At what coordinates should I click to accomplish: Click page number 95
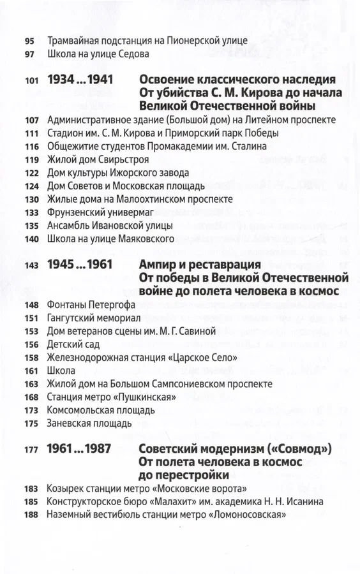[x=30, y=41]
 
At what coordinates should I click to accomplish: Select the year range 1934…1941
[x=88, y=80]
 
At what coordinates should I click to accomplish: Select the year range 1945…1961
[x=88, y=265]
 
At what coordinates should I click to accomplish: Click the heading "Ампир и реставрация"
[x=200, y=265]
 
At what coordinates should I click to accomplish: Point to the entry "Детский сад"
[x=71, y=344]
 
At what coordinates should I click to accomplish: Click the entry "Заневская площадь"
[x=89, y=423]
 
